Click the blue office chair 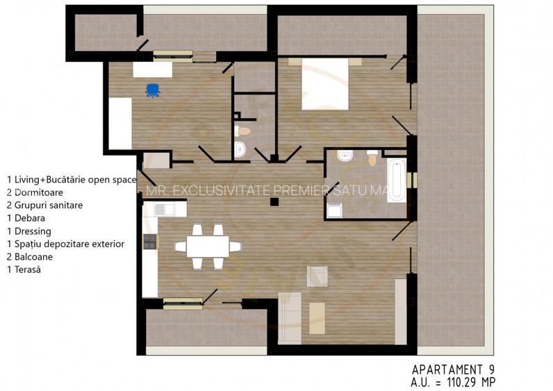click(152, 90)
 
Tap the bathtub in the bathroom click(396, 180)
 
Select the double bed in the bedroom click(324, 85)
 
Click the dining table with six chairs click(207, 246)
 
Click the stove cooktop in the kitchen click(150, 242)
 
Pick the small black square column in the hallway click(274, 202)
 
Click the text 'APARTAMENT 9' click(453, 369)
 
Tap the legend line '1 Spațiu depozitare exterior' click(65, 244)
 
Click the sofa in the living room click(289, 318)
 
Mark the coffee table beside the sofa click(317, 316)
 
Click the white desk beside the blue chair click(152, 69)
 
